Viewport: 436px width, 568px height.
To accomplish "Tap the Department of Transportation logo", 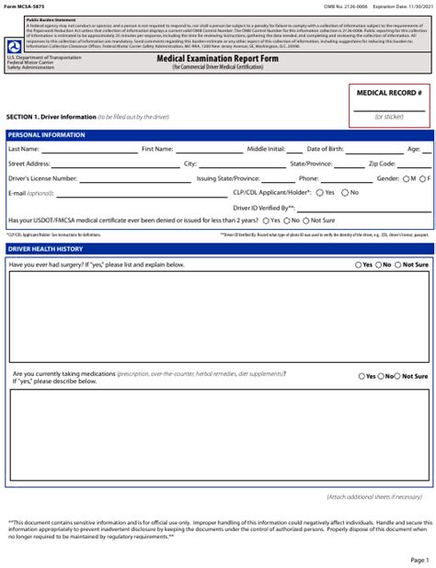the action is coord(13,47).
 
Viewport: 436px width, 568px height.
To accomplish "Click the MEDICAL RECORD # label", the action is coord(388,94).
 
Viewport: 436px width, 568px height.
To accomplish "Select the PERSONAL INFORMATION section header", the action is coord(46,135).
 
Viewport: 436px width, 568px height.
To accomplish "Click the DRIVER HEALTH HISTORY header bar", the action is coord(45,249).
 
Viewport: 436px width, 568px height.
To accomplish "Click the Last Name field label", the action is coord(23,149).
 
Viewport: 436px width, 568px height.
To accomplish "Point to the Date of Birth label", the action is coord(326,149).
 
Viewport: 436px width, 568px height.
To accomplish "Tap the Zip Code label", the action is coord(382,164).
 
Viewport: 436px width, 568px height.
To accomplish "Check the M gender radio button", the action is coord(406,178).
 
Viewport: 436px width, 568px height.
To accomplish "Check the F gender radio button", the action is coord(421,178).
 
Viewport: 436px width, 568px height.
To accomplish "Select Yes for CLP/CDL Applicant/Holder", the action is coord(319,193).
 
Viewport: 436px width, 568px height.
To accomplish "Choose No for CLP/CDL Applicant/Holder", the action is coord(343,193).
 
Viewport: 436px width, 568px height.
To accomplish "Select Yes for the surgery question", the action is coord(359,265).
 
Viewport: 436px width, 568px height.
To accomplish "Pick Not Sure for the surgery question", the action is coord(399,265).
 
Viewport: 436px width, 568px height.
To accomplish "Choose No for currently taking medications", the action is coord(385,376).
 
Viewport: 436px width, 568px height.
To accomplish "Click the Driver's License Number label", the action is coord(42,178).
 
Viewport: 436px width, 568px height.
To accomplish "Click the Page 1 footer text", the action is coord(419,559).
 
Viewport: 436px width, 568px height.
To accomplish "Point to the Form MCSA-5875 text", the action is coord(26,8).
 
